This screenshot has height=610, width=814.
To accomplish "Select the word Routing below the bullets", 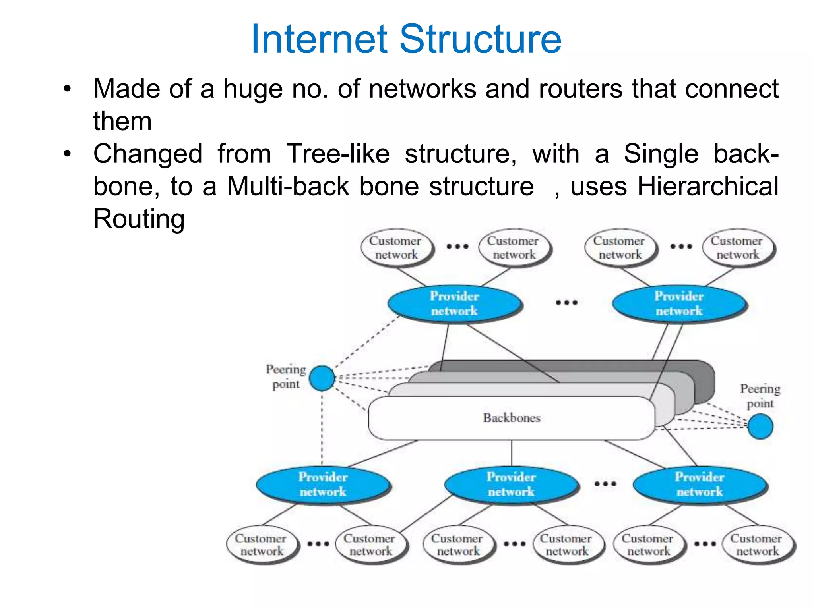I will [139, 219].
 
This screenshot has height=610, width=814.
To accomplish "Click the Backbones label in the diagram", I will [512, 418].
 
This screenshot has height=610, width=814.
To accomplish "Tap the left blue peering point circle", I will [322, 378].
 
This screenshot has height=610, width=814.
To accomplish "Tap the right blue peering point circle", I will [760, 427].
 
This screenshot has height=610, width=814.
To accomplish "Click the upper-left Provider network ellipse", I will [454, 303].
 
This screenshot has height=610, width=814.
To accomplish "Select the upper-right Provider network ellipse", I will [679, 303].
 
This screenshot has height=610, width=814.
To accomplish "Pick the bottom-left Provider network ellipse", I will [323, 484].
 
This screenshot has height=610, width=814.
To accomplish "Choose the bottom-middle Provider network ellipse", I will [511, 484].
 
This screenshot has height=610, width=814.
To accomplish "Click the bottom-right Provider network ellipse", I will [700, 484].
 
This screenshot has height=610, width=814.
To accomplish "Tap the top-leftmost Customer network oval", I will [395, 248].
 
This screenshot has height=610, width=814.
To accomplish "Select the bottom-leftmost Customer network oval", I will [261, 545].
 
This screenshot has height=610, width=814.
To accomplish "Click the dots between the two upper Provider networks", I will [566, 303].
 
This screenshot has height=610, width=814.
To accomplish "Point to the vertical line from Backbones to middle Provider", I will [512, 453].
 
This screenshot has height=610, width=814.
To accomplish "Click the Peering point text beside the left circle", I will [286, 376].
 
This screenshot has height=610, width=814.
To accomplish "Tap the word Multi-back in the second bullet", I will [288, 186].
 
